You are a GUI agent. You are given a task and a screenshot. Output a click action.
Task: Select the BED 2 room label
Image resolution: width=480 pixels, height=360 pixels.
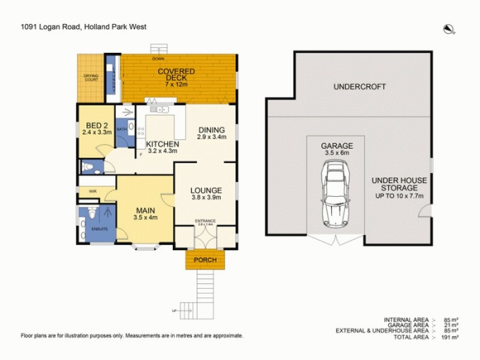(97, 128)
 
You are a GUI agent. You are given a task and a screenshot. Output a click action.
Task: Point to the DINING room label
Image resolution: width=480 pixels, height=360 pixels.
(211, 133)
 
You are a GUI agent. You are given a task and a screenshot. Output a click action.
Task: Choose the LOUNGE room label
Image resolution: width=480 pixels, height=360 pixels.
(206, 193)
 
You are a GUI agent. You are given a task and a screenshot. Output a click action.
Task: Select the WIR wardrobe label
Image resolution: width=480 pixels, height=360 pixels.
(92, 192)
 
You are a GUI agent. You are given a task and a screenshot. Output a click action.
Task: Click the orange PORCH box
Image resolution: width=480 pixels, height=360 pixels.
(205, 260)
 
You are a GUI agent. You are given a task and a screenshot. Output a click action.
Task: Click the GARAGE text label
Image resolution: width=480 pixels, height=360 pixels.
(337, 146)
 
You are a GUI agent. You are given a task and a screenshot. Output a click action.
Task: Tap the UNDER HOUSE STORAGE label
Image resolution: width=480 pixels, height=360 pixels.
(398, 188)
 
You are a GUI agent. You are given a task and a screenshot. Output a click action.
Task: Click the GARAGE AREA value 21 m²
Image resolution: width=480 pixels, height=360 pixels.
(450, 325)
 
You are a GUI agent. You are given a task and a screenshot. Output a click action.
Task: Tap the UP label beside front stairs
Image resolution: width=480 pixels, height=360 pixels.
(175, 311)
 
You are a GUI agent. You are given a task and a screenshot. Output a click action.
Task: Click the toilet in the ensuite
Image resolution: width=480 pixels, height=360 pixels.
(91, 214)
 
